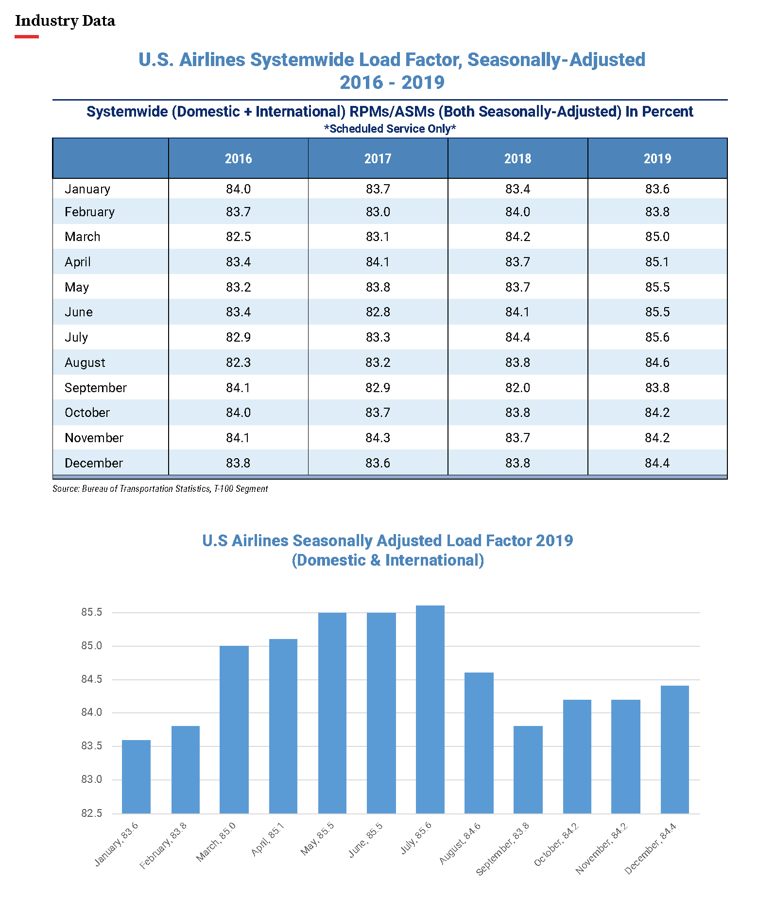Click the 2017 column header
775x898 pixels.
(x=378, y=158)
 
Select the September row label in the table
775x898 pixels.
(x=96, y=388)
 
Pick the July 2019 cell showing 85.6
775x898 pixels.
(x=657, y=337)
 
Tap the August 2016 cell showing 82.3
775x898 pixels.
(x=238, y=363)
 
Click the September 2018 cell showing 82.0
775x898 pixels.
(x=517, y=388)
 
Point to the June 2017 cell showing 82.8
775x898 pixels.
(x=378, y=312)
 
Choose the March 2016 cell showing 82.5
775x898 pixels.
(x=238, y=237)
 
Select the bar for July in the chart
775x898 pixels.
(x=430, y=709)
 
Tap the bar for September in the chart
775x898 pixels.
(x=528, y=770)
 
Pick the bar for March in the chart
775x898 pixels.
(x=234, y=729)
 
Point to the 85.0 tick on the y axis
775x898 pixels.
(x=92, y=646)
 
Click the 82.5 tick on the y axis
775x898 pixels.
(x=92, y=813)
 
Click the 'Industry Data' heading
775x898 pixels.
(x=65, y=21)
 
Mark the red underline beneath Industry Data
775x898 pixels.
(x=27, y=36)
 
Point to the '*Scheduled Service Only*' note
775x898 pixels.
(x=390, y=129)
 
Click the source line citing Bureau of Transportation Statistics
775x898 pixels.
(x=160, y=489)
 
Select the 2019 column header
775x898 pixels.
(x=657, y=158)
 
